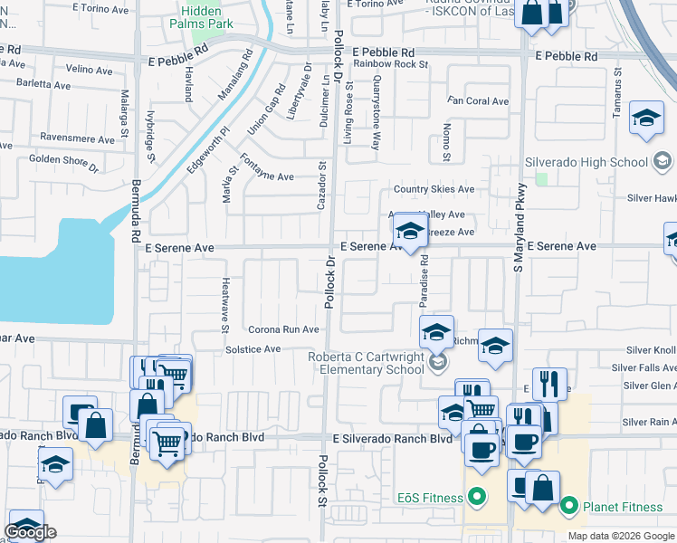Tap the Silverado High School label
[x=586, y=162]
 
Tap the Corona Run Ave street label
[x=283, y=329]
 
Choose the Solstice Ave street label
[x=253, y=349]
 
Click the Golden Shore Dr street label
[x=63, y=163]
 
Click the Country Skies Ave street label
[x=433, y=189]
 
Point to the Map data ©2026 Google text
[x=621, y=536]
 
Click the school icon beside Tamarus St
[x=646, y=119]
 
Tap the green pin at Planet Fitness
[x=569, y=505]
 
